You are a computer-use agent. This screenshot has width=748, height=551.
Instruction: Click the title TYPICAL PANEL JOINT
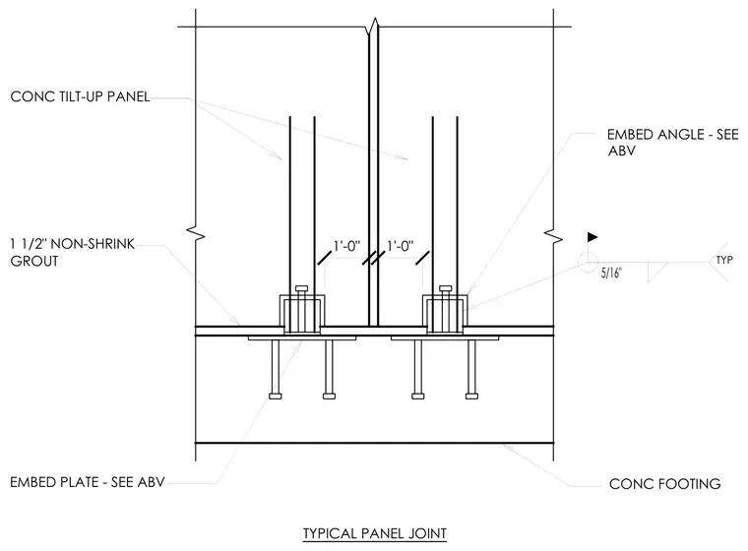(x=374, y=533)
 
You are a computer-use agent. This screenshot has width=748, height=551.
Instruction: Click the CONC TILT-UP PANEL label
(x=80, y=96)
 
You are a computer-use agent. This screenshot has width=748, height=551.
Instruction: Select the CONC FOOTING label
(x=665, y=484)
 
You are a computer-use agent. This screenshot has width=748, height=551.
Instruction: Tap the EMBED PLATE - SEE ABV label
(x=88, y=482)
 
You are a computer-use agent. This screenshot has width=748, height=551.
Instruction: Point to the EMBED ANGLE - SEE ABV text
(x=672, y=142)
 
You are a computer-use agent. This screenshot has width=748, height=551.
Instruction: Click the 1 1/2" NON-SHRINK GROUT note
(x=73, y=252)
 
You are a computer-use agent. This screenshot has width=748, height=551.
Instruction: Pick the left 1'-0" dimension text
(x=346, y=246)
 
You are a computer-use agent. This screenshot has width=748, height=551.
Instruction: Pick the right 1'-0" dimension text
(x=400, y=246)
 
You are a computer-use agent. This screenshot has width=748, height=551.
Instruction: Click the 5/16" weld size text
(x=611, y=273)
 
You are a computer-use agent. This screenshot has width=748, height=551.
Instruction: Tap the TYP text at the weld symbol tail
(x=724, y=260)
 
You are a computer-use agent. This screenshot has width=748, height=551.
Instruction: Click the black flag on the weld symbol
(x=592, y=236)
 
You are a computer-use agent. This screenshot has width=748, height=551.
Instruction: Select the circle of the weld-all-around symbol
(x=588, y=262)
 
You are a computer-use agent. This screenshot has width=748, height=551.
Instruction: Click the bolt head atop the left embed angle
(x=302, y=288)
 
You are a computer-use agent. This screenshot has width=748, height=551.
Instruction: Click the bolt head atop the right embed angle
(x=446, y=288)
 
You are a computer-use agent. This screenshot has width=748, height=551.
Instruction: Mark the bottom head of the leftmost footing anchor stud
(x=276, y=396)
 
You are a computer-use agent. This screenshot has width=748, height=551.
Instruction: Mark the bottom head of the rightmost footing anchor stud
(x=471, y=396)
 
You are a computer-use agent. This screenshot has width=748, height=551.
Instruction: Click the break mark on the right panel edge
(x=553, y=236)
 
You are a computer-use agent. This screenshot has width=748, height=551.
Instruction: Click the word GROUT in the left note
(x=34, y=262)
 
